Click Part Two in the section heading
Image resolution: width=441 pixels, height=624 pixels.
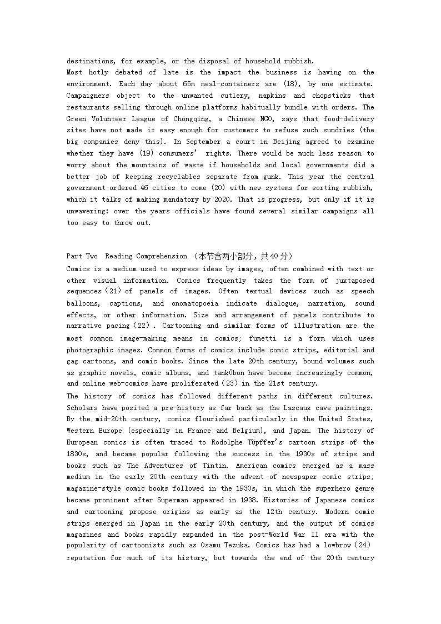point(82,256)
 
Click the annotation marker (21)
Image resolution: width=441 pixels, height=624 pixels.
point(111,292)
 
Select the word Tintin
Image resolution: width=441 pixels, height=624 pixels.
point(227,466)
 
